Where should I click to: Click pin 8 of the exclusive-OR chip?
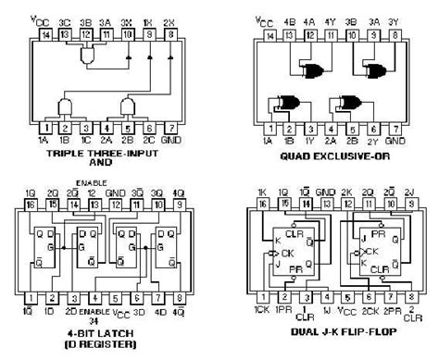pos(395,34)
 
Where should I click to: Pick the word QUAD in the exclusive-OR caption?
pos(292,156)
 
